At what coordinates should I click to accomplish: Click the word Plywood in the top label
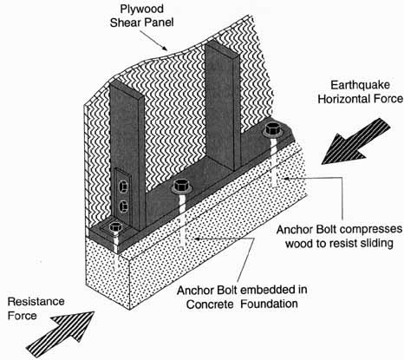tap(142, 10)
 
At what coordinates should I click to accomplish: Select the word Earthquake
tap(360, 86)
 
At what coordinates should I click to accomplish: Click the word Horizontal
tap(345, 99)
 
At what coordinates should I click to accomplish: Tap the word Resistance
tap(36, 302)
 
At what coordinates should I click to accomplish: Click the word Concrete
tap(210, 304)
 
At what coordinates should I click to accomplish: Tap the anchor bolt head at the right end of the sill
tap(273, 129)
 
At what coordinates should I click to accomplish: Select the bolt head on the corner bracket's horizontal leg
tap(116, 227)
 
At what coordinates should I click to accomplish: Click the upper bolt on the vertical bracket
tap(123, 187)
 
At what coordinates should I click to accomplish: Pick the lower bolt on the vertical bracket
tap(123, 206)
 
